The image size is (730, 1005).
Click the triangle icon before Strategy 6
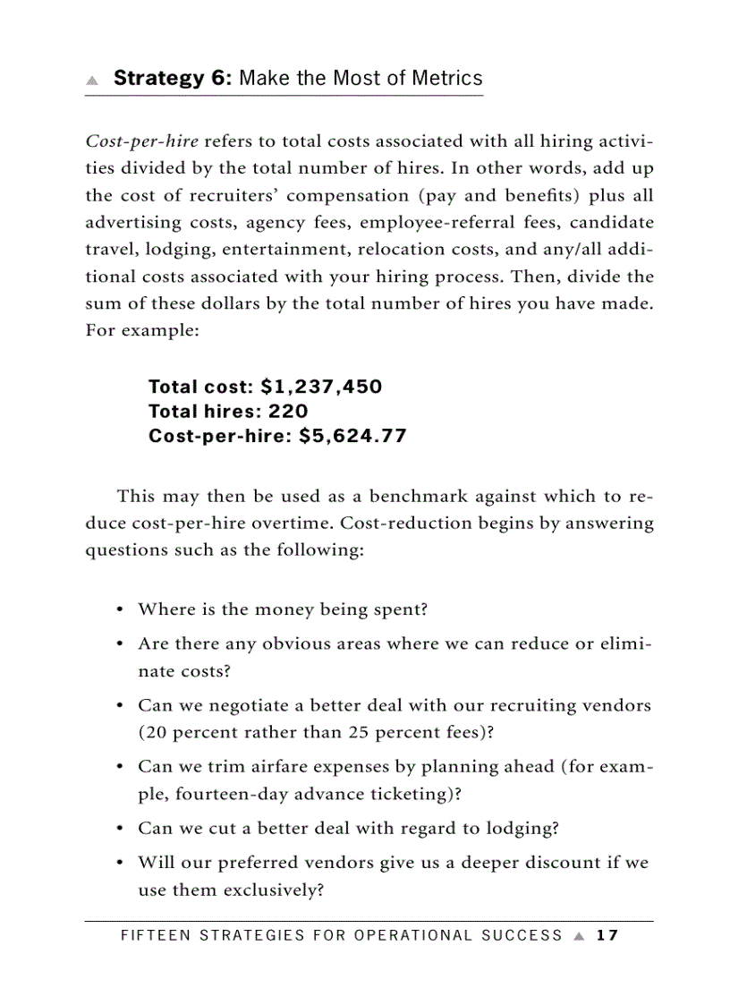point(92,80)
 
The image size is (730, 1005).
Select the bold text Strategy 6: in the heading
point(173,78)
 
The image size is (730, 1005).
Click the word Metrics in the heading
point(446,78)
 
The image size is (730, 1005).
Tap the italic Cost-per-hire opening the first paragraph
point(142,141)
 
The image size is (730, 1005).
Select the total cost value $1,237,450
point(321,387)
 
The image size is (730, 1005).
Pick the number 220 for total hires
point(288,412)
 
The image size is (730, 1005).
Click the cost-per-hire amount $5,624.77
point(352,437)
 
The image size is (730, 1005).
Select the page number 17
point(607,936)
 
